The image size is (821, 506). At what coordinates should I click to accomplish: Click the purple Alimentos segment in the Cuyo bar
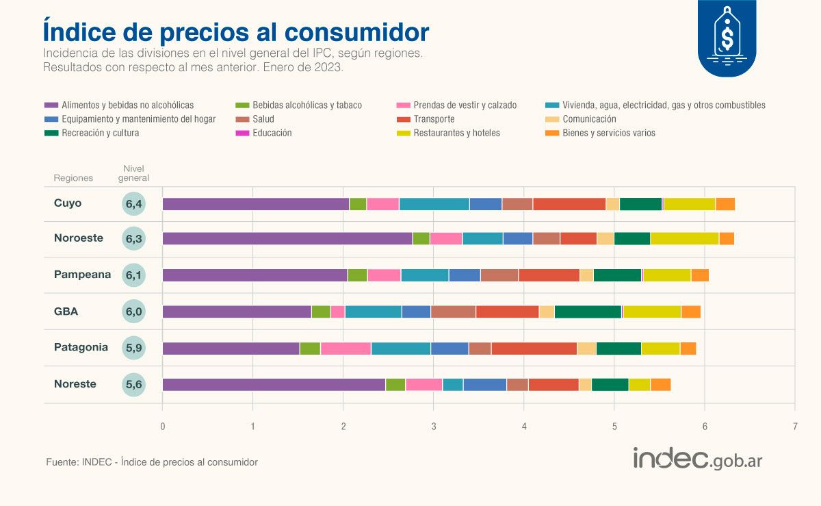coord(255,204)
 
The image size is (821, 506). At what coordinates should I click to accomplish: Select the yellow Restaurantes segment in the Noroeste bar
coord(684,238)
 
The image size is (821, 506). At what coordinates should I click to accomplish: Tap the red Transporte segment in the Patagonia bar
coord(534,348)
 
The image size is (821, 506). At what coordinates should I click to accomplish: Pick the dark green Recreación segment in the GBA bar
coord(588,312)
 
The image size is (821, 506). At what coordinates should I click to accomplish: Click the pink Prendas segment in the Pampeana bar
coord(384,275)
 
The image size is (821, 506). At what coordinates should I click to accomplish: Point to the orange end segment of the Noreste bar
coord(660,384)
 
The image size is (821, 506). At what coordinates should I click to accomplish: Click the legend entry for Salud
coord(264,119)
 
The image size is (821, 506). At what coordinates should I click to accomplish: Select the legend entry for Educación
coord(272,133)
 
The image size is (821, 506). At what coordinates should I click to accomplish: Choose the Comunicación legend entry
coord(588,119)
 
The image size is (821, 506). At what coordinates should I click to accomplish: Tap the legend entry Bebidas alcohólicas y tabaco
coord(307,105)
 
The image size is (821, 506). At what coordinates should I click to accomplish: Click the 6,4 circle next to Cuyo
coord(134,203)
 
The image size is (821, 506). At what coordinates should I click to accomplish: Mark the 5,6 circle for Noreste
coord(134,384)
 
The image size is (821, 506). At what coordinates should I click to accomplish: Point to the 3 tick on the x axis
coord(433,426)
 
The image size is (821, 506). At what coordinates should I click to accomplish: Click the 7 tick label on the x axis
coord(795,426)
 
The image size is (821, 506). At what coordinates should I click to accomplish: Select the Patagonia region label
coord(81,347)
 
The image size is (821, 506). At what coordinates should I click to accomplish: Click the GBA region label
coord(66,312)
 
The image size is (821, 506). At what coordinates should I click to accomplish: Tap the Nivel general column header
coord(133,173)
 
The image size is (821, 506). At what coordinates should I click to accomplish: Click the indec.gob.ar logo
coord(697,458)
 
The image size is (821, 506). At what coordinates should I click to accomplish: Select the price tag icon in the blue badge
coord(727,33)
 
